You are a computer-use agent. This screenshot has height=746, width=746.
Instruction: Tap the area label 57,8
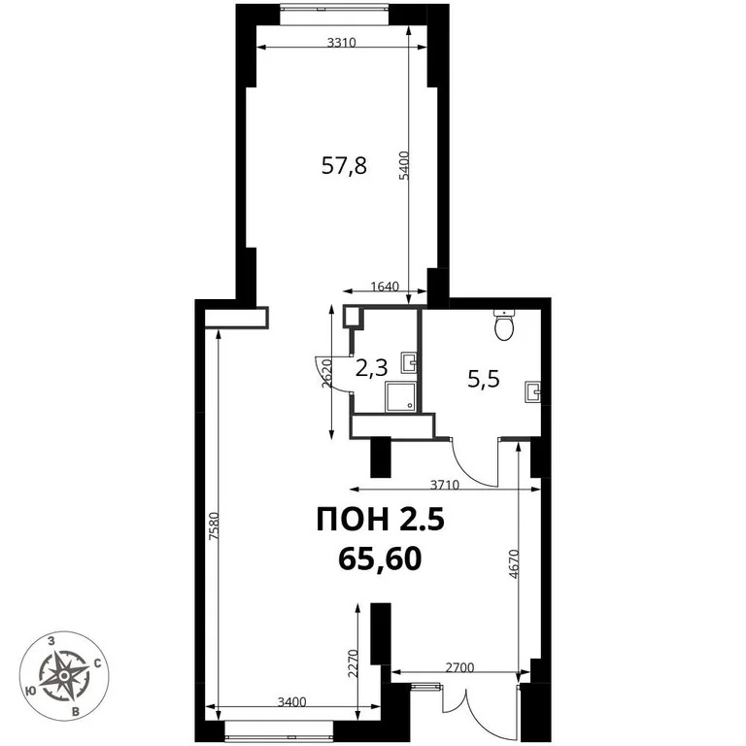click(x=344, y=165)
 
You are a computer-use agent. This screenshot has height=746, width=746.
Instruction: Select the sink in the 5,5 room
click(x=532, y=391)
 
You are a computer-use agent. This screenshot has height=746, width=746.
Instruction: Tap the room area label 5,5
click(x=483, y=380)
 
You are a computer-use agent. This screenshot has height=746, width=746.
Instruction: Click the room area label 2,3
click(x=371, y=368)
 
